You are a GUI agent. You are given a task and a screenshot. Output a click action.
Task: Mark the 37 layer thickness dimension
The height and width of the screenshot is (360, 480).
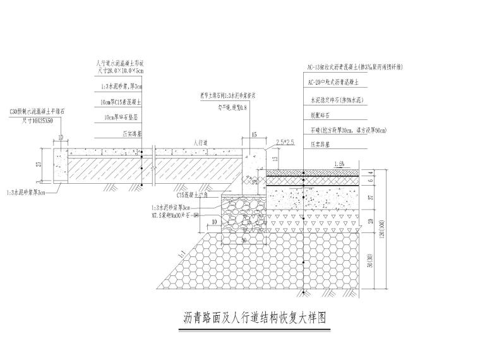(371, 197)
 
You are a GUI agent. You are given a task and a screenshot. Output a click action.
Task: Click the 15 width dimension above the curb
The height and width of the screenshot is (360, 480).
(254, 135)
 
